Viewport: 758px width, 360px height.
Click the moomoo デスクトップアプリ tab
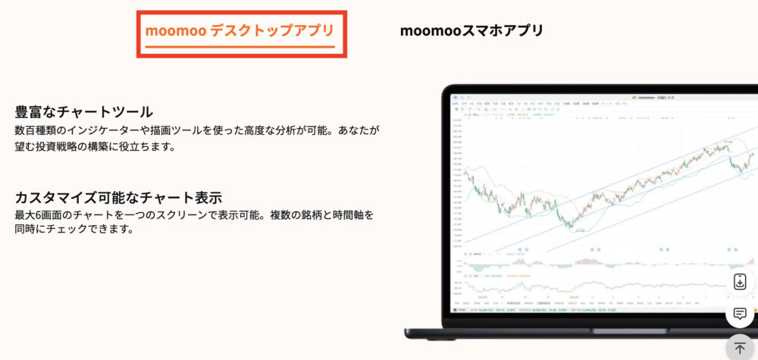point(240,31)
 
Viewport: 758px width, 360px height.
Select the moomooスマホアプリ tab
point(471,31)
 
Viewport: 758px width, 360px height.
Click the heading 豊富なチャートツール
point(84,112)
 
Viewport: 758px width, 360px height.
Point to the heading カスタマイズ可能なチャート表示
point(118,198)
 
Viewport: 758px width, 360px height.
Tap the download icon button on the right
point(740,282)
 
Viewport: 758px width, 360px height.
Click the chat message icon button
point(740,314)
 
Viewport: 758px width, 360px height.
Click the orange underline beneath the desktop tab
point(240,47)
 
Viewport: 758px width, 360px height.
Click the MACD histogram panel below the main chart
point(606,261)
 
